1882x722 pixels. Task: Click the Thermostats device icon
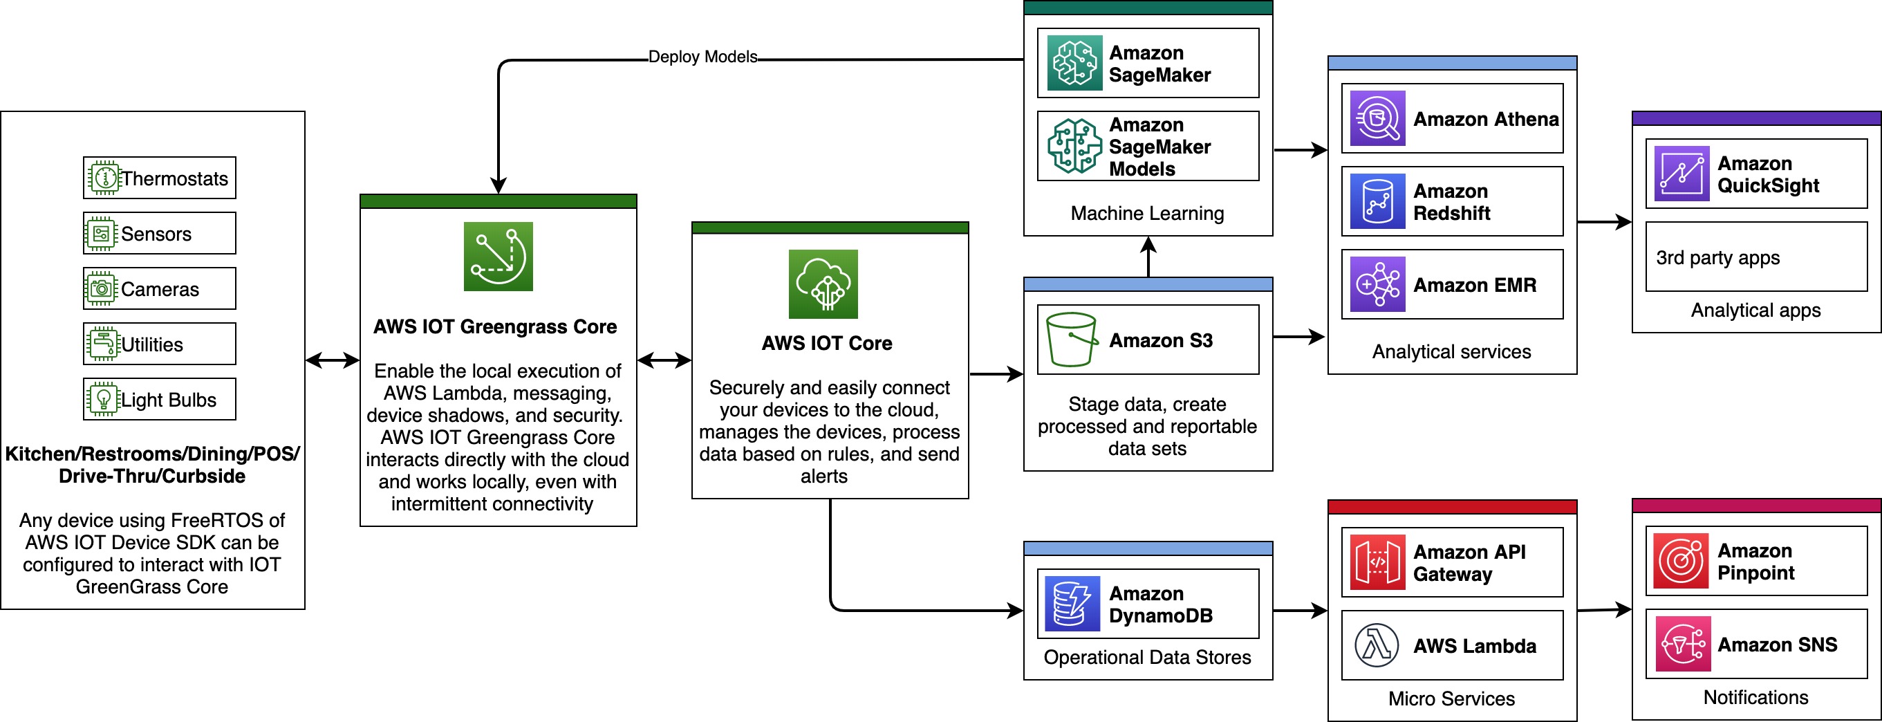pyautogui.click(x=104, y=178)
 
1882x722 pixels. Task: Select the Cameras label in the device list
pyautogui.click(x=159, y=289)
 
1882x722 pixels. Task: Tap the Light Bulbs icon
pyautogui.click(x=104, y=399)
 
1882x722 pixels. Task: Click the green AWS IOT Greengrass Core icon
pyautogui.click(x=499, y=257)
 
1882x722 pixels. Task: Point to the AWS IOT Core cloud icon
pyautogui.click(x=823, y=284)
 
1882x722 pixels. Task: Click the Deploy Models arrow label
pyautogui.click(x=702, y=57)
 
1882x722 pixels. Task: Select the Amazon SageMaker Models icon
pyautogui.click(x=1074, y=146)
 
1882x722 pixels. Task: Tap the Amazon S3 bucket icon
pyautogui.click(x=1071, y=340)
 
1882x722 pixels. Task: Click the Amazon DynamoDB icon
pyautogui.click(x=1072, y=604)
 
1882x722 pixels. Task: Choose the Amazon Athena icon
pyautogui.click(x=1377, y=118)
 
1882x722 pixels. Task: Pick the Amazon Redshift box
pyautogui.click(x=1452, y=202)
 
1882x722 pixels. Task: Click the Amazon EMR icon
pyautogui.click(x=1377, y=284)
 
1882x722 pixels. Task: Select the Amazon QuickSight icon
pyautogui.click(x=1681, y=174)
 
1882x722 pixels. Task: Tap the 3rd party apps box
pyautogui.click(x=1755, y=257)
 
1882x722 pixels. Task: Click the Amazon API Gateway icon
pyautogui.click(x=1377, y=562)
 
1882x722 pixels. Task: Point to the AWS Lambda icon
pyautogui.click(x=1377, y=645)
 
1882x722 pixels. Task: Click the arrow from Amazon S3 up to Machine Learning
pyautogui.click(x=1148, y=257)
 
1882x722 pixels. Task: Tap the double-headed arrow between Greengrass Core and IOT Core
pyautogui.click(x=664, y=360)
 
